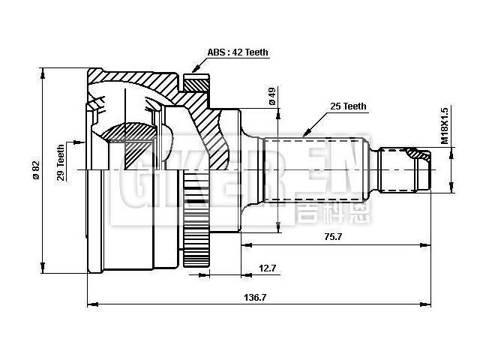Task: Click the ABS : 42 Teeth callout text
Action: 238,52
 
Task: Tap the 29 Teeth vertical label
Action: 61,161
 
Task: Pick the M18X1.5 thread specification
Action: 444,124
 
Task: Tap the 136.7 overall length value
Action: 256,297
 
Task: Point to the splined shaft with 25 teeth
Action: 315,169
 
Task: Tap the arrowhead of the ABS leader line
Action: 193,73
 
